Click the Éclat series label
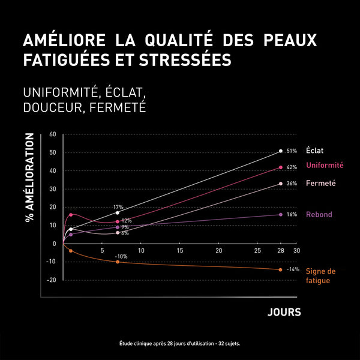click(x=315, y=151)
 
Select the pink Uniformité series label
click(x=325, y=166)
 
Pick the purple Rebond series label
click(x=319, y=214)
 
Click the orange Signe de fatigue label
click(x=320, y=275)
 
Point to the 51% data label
click(x=292, y=151)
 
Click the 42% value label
click(x=292, y=167)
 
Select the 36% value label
click(x=292, y=184)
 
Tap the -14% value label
click(x=292, y=269)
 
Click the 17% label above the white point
click(x=118, y=207)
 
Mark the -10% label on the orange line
click(x=121, y=256)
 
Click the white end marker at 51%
click(x=281, y=151)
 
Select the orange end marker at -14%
click(x=280, y=269)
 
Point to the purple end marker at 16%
click(x=280, y=214)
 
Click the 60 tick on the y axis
click(x=53, y=134)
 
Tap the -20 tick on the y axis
click(x=52, y=280)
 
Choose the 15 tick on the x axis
click(x=179, y=250)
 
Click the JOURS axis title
click(x=284, y=313)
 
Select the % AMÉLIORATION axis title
click(x=29, y=178)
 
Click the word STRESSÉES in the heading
click(x=190, y=61)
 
